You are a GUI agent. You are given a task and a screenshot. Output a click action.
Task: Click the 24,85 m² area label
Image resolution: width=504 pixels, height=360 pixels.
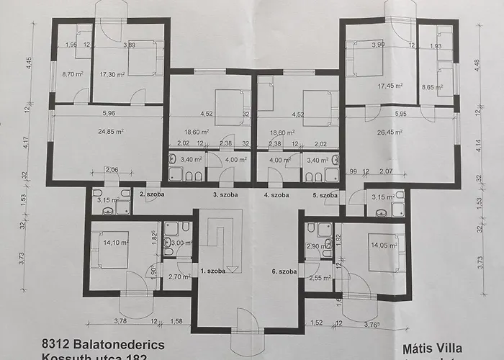[110, 132]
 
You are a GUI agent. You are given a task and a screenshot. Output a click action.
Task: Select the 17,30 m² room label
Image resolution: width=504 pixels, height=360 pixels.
[112, 74]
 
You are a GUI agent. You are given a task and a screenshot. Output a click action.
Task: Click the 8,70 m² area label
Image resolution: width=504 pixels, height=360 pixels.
[73, 74]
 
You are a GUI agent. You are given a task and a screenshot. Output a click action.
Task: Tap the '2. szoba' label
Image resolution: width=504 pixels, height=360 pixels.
[152, 195]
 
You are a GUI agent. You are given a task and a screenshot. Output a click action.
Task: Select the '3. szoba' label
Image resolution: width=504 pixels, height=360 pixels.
[225, 195]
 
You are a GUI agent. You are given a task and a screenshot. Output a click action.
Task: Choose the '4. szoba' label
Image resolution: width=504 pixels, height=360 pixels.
[276, 195]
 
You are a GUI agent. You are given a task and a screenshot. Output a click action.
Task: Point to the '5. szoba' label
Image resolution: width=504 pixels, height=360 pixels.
[325, 195]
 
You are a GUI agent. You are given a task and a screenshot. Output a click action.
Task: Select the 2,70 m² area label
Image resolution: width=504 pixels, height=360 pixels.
[177, 276]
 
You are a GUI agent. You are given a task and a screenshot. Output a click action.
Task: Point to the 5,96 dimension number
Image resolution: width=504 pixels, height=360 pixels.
[109, 113]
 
